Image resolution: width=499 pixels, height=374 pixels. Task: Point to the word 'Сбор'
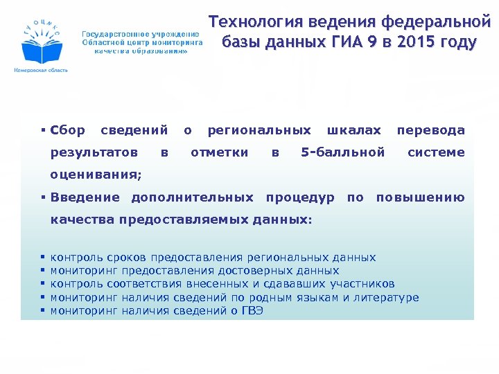coord(68,130)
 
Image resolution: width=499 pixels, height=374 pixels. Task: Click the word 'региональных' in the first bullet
coord(259,130)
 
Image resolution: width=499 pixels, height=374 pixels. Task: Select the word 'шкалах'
coord(353,130)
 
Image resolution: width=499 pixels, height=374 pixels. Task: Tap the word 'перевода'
coord(430,130)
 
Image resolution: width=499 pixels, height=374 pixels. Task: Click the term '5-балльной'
coord(343,152)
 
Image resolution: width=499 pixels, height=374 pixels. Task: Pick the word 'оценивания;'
coord(96,174)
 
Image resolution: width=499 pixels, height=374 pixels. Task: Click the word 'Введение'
coord(85,197)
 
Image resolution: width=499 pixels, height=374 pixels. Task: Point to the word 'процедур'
coord(300,197)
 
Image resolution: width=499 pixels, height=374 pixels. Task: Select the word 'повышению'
coord(420,197)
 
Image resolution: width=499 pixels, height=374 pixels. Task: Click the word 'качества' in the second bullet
coord(82,220)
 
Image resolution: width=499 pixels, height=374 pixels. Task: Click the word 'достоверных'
coord(251,271)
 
